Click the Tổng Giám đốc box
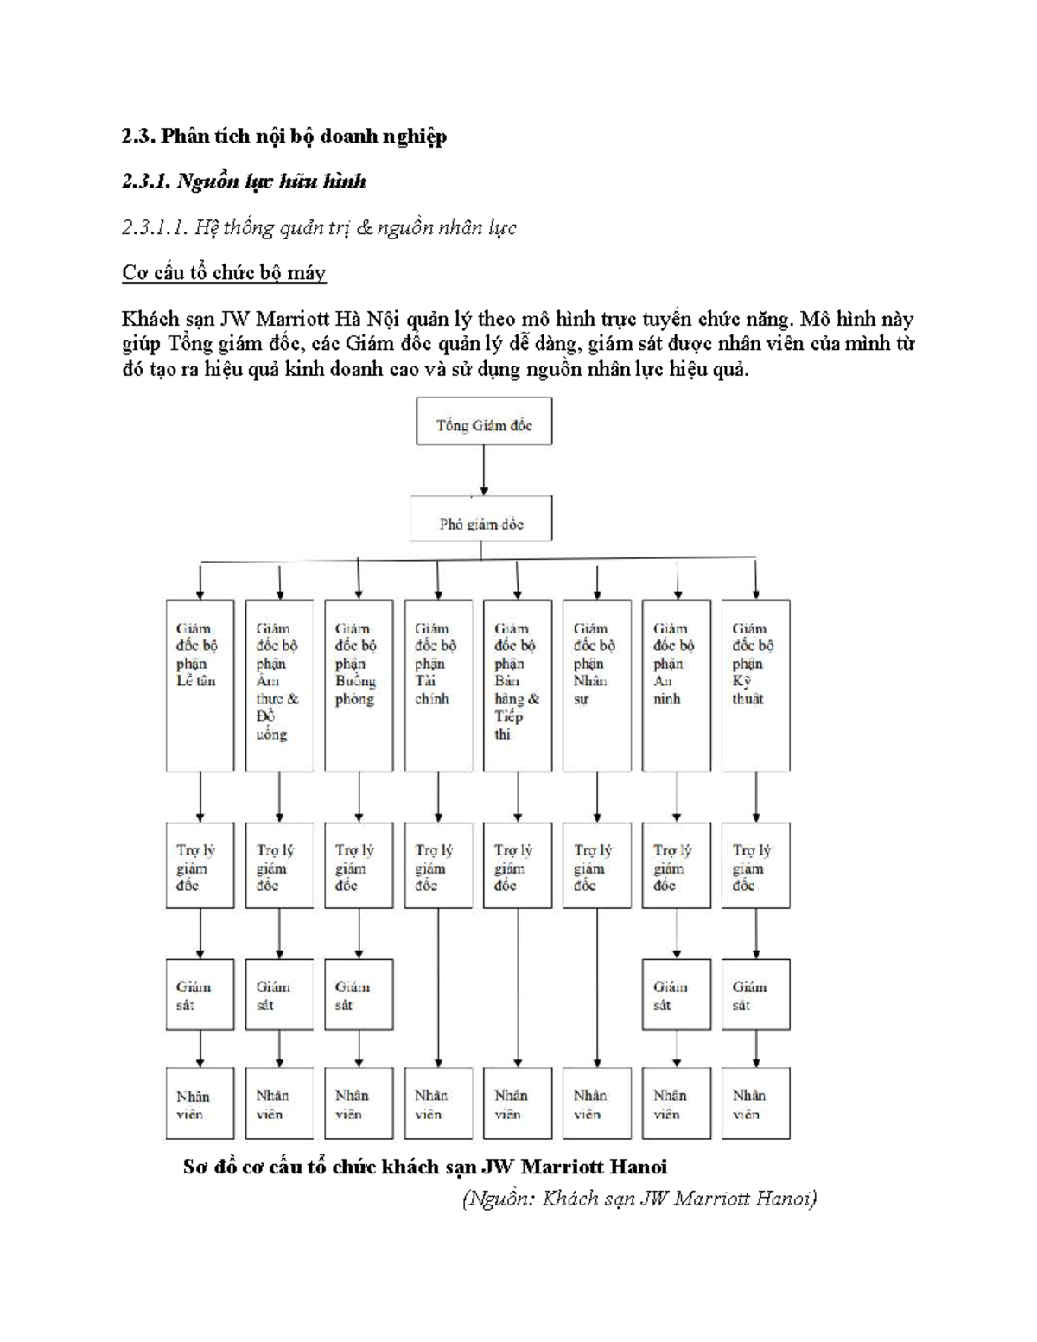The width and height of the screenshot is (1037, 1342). pyautogui.click(x=484, y=422)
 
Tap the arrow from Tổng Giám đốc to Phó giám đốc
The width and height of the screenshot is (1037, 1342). pyautogui.click(x=484, y=470)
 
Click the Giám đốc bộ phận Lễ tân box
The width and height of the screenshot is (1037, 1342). pyautogui.click(x=200, y=684)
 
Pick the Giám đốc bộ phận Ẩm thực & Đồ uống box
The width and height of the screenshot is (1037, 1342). pyautogui.click(x=279, y=684)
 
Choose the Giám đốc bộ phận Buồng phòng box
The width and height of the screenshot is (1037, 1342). pyautogui.click(x=359, y=684)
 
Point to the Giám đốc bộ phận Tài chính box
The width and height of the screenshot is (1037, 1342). pyautogui.click(x=438, y=684)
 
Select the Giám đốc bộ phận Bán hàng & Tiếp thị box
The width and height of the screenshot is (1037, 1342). pyautogui.click(x=518, y=684)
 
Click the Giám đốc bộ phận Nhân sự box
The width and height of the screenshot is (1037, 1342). pyautogui.click(x=597, y=684)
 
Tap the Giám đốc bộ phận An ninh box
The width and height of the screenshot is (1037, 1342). pyautogui.click(x=677, y=684)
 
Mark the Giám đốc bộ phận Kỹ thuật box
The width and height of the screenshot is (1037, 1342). pyautogui.click(x=755, y=684)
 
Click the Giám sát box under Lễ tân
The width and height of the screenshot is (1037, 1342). pyautogui.click(x=200, y=994)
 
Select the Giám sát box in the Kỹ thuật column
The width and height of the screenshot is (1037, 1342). pyautogui.click(x=755, y=994)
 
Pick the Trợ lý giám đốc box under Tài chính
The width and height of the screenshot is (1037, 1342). pyautogui.click(x=438, y=866)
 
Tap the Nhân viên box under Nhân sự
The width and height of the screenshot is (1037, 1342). pyautogui.click(x=597, y=1103)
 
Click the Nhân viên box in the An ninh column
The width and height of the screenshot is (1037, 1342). pyautogui.click(x=677, y=1103)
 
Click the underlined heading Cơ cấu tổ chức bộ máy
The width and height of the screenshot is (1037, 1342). pyautogui.click(x=224, y=273)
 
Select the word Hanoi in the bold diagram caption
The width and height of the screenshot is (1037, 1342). pyautogui.click(x=638, y=1167)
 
